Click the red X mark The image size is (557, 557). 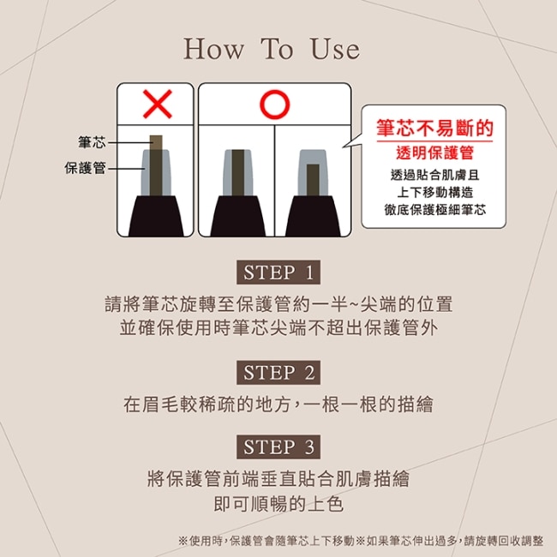coord(158,104)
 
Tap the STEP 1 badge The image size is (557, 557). coord(278,273)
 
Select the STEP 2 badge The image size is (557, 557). coord(278,372)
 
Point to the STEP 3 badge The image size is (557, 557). coord(278,446)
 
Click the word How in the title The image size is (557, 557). coord(213,49)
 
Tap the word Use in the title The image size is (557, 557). coord(335,49)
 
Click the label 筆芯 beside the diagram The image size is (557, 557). coord(92,142)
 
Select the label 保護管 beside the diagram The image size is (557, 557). coord(85,168)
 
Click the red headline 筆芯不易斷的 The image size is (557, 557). coord(434,128)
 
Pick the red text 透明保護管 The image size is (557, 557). coord(434,153)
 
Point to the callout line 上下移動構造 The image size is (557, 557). coord(434,192)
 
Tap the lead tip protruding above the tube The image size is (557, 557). coord(156,142)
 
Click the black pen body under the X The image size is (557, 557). coord(156,216)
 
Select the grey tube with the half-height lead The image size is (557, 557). coord(313,172)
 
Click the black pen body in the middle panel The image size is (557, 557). coord(237,216)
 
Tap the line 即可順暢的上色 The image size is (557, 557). coord(278,504)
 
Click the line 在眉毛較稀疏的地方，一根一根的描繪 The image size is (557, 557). coord(278,404)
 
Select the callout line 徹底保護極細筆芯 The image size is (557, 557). coord(434,210)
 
